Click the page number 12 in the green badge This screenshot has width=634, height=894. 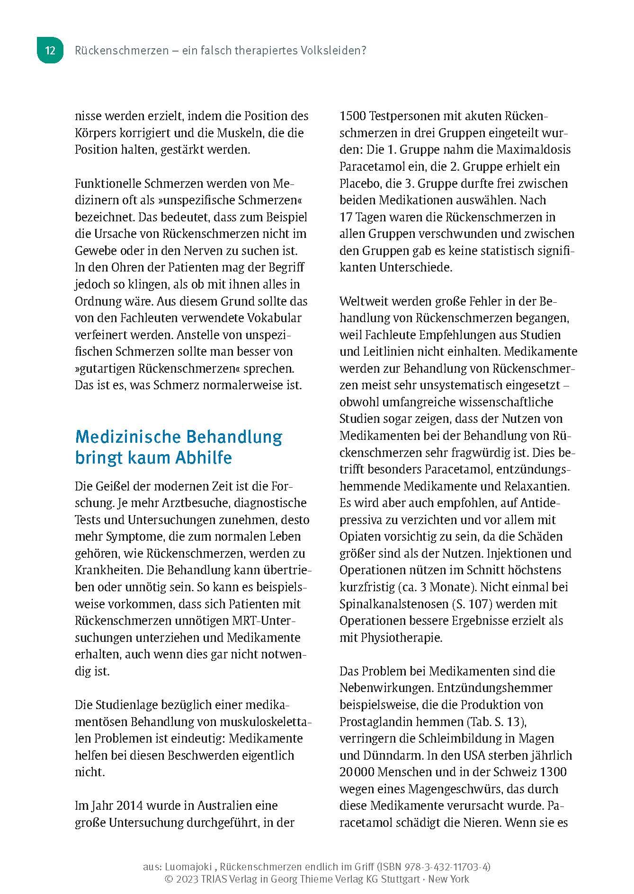pyautogui.click(x=50, y=51)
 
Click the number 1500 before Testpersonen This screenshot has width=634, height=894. pyautogui.click(x=353, y=116)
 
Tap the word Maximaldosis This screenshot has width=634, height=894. pyautogui.click(x=534, y=150)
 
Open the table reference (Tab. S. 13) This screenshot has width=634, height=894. pyautogui.click(x=488, y=722)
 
